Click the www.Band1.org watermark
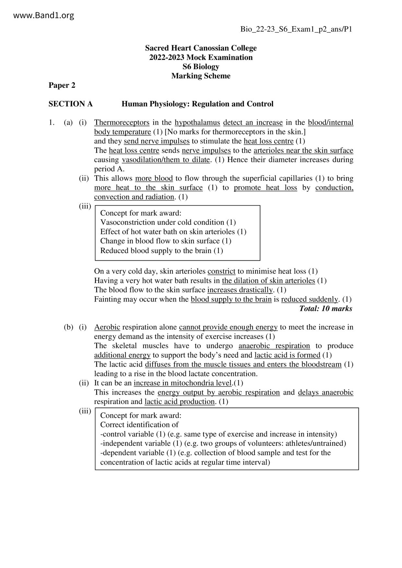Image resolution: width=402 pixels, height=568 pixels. (x=44, y=15)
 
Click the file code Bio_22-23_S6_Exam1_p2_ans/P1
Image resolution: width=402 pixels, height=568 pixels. (x=296, y=29)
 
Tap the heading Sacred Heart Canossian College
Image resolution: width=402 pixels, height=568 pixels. (x=201, y=48)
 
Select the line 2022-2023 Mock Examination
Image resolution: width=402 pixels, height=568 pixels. (x=201, y=57)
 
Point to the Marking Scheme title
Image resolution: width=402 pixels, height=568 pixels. (x=201, y=76)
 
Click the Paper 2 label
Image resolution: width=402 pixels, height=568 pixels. (x=62, y=85)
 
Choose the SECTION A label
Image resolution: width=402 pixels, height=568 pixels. (x=71, y=104)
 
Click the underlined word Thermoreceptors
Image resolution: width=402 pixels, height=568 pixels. (x=122, y=122)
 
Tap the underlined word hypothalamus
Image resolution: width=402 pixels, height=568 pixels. (x=197, y=122)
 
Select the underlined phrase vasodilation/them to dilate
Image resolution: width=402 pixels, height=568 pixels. (x=166, y=160)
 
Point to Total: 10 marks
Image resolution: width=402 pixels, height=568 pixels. (x=325, y=308)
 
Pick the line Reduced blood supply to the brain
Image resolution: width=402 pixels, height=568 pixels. (x=161, y=251)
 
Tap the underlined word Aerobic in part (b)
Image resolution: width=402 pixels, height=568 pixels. (x=107, y=327)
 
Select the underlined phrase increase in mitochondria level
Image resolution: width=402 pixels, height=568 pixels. (x=183, y=383)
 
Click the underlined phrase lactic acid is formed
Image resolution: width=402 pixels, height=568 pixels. (x=287, y=355)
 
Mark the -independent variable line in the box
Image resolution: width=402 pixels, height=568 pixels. (x=223, y=443)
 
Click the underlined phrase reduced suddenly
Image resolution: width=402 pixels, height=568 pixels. (x=310, y=299)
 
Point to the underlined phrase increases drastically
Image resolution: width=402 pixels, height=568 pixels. (x=240, y=290)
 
